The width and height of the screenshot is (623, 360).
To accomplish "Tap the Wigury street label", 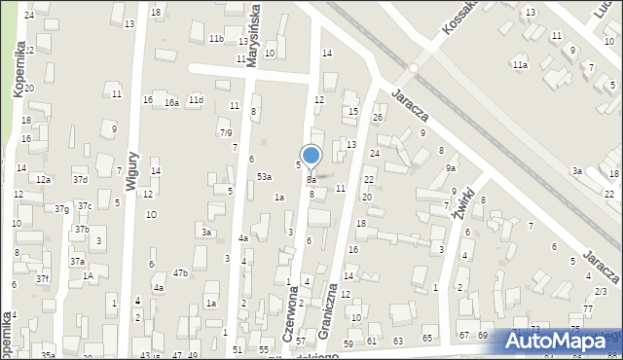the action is point(132,168).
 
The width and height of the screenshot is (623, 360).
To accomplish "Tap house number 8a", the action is point(311,180).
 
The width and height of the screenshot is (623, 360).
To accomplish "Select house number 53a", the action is point(264,176).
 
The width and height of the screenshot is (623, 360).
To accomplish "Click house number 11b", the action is point(216,38).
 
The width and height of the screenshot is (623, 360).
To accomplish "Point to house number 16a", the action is point(171,102).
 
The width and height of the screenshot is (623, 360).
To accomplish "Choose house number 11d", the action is point(196,100).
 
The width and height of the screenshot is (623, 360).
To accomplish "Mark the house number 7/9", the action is point(226,132).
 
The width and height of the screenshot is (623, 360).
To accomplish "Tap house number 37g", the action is point(61,209).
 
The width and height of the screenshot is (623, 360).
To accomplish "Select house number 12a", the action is point(43,180).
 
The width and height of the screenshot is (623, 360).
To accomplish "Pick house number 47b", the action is point(180,273).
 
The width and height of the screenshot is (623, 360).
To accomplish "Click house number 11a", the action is point(521,65).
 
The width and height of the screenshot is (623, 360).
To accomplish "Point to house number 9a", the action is point(451,168).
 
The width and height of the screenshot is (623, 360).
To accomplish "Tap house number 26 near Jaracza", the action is point(377,118).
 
